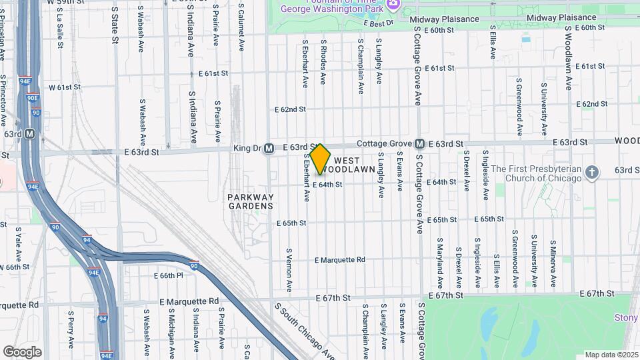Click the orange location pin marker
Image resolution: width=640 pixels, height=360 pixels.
[x=321, y=159]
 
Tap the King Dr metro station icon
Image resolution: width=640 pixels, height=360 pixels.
[x=269, y=148]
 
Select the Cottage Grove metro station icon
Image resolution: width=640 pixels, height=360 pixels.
[x=420, y=143]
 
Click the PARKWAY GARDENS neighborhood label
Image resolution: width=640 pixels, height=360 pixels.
[x=251, y=201]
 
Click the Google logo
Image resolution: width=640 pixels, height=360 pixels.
[x=22, y=351]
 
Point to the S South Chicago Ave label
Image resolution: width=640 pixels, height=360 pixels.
[x=304, y=330]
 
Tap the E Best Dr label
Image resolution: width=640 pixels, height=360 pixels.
[x=379, y=23]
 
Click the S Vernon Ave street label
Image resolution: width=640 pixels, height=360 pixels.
[x=289, y=270]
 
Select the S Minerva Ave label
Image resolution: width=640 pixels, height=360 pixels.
[x=553, y=260]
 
